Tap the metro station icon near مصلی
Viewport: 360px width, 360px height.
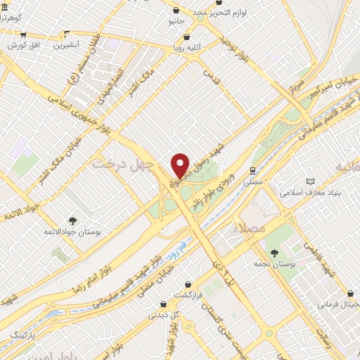(252, 170)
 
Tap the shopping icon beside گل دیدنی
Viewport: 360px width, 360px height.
(164, 304)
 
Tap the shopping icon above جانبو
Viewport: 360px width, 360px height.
(175, 11)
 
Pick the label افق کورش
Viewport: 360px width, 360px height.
(24, 45)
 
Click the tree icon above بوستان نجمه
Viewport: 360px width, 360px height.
(274, 252)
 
